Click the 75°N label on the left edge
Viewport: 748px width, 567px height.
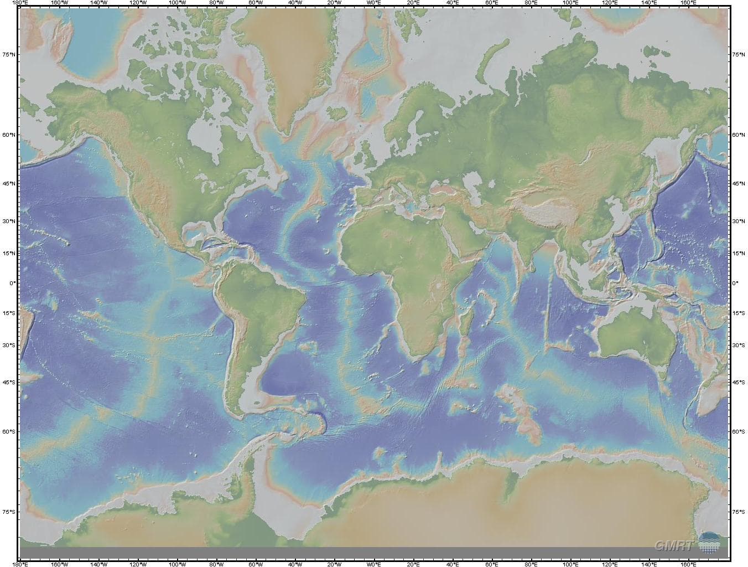[9, 55]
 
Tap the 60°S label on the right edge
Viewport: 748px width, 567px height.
[738, 431]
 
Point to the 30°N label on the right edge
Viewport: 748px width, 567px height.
[738, 221]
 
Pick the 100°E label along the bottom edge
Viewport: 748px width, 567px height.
[570, 564]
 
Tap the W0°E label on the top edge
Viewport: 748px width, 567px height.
[374, 3]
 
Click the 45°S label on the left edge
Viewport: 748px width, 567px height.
[9, 382]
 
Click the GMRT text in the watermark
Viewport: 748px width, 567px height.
[673, 546]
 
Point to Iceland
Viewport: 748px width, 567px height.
[337, 113]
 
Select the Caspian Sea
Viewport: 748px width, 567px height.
[471, 182]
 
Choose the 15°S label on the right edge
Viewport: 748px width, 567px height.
[738, 313]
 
